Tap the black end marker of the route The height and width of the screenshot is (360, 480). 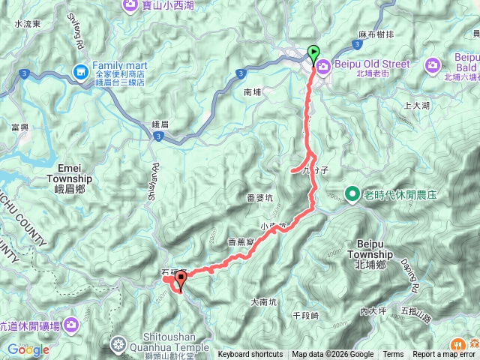[x=180, y=281]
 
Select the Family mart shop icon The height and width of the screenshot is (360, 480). [x=79, y=71]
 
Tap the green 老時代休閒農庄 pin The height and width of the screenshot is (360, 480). [x=352, y=195]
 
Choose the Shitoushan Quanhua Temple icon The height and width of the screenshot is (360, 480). [x=118, y=346]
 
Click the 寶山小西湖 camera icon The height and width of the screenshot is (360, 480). [x=131, y=5]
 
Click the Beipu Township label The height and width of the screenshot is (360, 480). [x=370, y=250]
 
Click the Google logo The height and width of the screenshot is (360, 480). [x=28, y=349]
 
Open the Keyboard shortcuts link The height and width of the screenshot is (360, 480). [x=250, y=355]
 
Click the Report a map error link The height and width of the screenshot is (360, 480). [x=444, y=355]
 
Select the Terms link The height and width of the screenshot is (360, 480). [x=393, y=355]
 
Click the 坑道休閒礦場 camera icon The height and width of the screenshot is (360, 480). [x=70, y=325]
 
